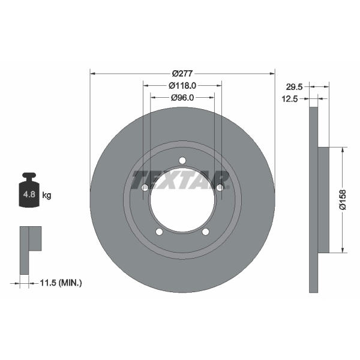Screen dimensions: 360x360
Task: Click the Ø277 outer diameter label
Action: pos(182,74)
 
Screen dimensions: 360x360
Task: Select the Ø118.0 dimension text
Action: pos(182,86)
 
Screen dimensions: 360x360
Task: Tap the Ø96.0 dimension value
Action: pos(182,98)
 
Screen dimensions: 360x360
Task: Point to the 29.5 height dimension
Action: pos(294,87)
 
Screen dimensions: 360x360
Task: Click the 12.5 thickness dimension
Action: pos(290,99)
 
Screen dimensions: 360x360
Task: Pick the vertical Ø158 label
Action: pos(343,200)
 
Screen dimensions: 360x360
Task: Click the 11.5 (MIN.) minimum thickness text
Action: pos(61,283)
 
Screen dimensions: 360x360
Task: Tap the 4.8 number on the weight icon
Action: pos(29,194)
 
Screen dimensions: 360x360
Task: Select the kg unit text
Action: pos(47,196)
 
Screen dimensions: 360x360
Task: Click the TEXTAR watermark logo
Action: pos(180,180)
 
